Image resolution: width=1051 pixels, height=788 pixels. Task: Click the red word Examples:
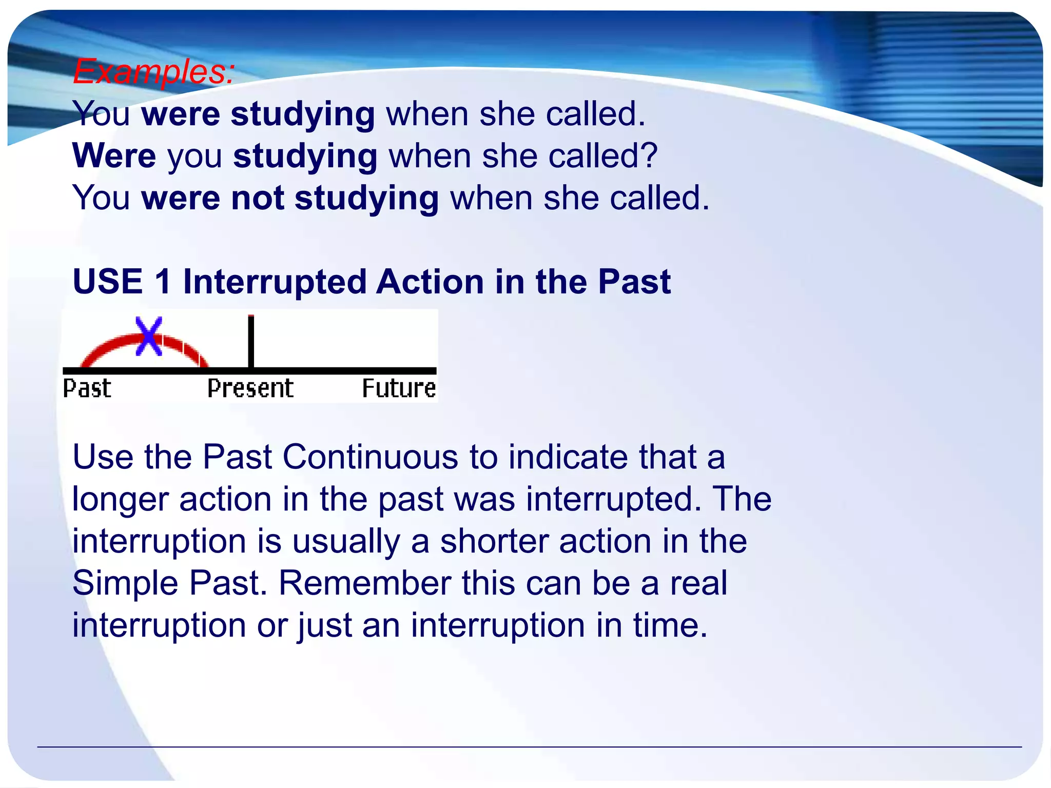[153, 71]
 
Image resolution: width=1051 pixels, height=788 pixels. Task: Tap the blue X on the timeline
[149, 336]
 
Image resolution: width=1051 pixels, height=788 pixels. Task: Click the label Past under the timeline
[87, 388]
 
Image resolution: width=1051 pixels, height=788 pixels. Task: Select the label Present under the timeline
[250, 388]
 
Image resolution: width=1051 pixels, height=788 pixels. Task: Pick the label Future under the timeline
[399, 388]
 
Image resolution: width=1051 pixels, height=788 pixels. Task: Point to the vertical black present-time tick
[251, 341]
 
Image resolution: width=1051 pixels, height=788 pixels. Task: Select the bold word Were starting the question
[114, 155]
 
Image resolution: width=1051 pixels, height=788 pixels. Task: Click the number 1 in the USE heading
[163, 282]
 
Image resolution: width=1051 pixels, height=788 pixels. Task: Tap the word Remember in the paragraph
[364, 583]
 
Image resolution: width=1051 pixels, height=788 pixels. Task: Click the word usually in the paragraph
[346, 541]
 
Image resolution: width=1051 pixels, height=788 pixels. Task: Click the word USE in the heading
[108, 282]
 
